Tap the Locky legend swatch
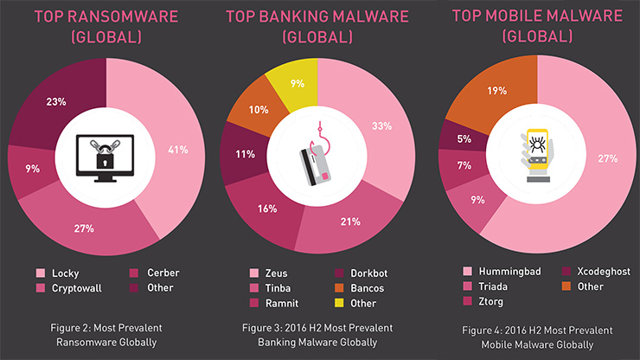(40, 273)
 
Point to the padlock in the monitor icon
(106, 158)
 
